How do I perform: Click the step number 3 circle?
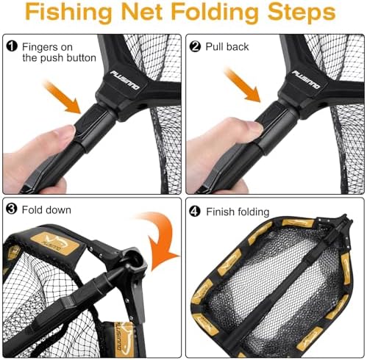coord(12,209)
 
